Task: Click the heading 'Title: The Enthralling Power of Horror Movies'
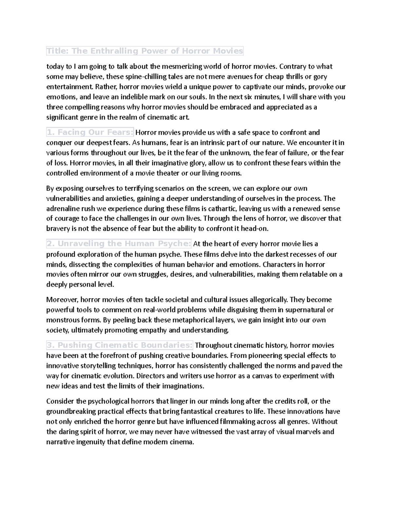pos(145,51)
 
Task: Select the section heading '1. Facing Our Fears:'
pos(90,132)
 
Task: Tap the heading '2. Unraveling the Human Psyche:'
pos(119,244)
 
